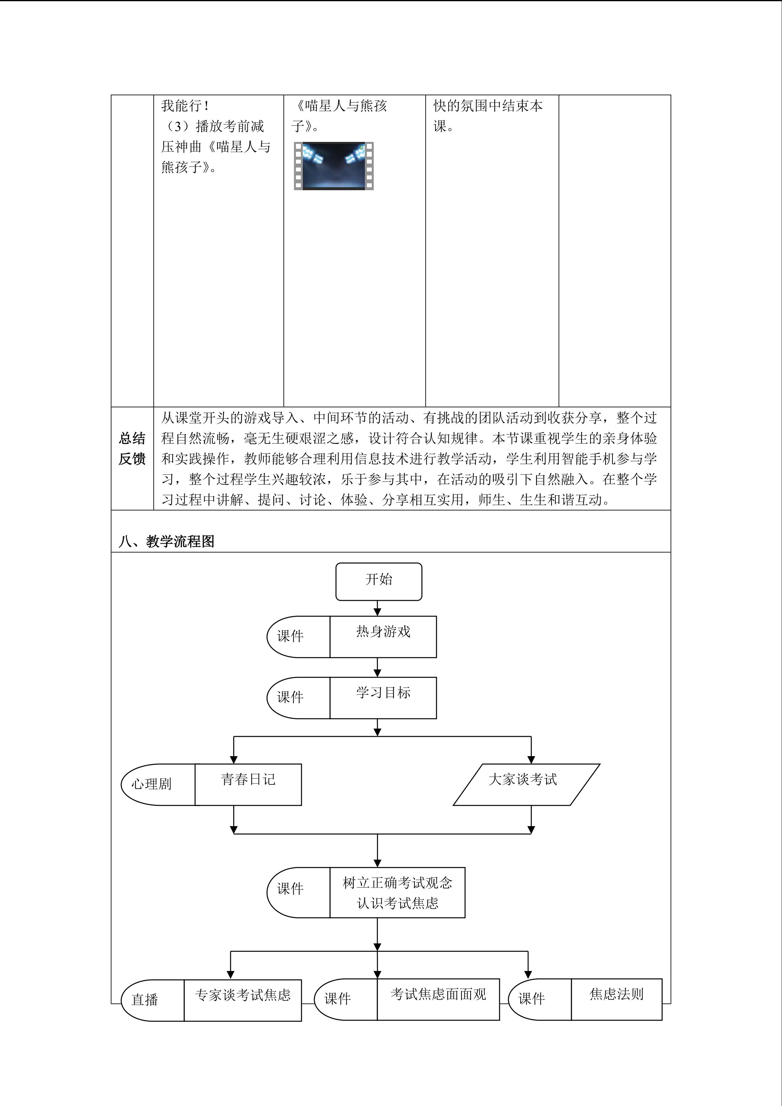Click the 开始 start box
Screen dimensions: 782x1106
pyautogui.click(x=378, y=581)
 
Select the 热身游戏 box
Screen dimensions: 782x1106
pyautogui.click(x=383, y=637)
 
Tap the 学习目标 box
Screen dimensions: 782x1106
pyautogui.click(x=383, y=698)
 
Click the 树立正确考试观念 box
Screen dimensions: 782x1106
pyautogui.click(x=397, y=892)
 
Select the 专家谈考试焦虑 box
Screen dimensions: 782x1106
pyautogui.click(x=243, y=1000)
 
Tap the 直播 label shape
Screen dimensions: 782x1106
pyautogui.click(x=152, y=1000)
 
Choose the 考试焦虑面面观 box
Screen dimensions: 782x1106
pyautogui.click(x=438, y=1000)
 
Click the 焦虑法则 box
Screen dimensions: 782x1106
pyautogui.click(x=616, y=1000)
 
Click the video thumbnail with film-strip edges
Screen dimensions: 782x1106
pyautogui.click(x=334, y=166)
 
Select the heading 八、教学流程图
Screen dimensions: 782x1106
pyautogui.click(x=167, y=541)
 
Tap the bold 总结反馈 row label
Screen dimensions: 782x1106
pyautogui.click(x=132, y=448)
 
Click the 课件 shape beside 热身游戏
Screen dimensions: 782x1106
pyautogui.click(x=299, y=637)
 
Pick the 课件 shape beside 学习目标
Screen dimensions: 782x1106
pyautogui.click(x=299, y=698)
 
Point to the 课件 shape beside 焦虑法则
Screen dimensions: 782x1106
pyautogui.click(x=540, y=1000)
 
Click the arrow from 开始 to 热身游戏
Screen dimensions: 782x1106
pyautogui.click(x=377, y=608)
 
